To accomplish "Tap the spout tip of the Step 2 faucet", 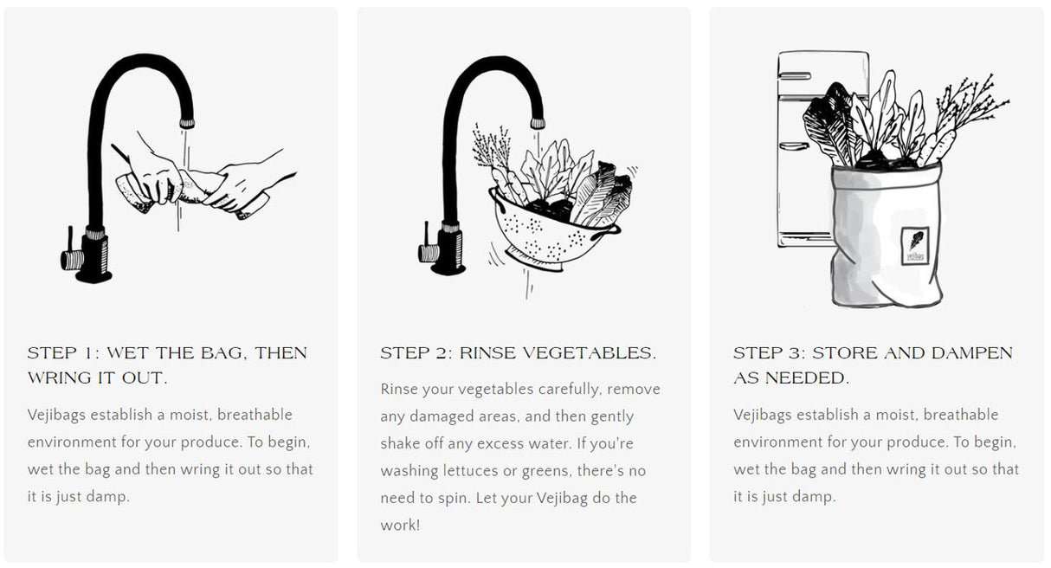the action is point(538,124).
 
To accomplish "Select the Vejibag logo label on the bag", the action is point(915,246).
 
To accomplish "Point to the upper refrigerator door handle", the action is point(795,75).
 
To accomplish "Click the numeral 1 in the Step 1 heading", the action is point(93,353).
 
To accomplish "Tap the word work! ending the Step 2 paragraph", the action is point(400,525).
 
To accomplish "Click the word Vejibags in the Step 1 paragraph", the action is point(56,415).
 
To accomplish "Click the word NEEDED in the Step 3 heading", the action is point(807,378).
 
